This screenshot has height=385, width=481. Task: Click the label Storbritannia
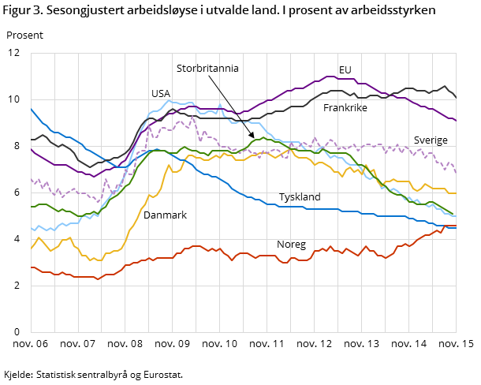tap(207, 69)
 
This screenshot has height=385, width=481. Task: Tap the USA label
tap(161, 93)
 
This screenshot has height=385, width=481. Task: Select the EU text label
tap(345, 70)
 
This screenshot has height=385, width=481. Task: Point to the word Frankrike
tap(345, 107)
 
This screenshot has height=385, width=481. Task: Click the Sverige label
tap(431, 140)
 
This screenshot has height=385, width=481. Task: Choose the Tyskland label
tap(300, 196)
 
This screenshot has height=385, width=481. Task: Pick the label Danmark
tap(165, 215)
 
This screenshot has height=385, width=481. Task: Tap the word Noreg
tap(291, 245)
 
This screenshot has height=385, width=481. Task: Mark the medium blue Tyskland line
tap(237, 192)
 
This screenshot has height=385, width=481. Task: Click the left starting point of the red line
tap(31, 267)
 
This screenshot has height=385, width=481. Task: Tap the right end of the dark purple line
tap(457, 121)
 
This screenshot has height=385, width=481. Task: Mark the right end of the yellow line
tap(457, 192)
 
